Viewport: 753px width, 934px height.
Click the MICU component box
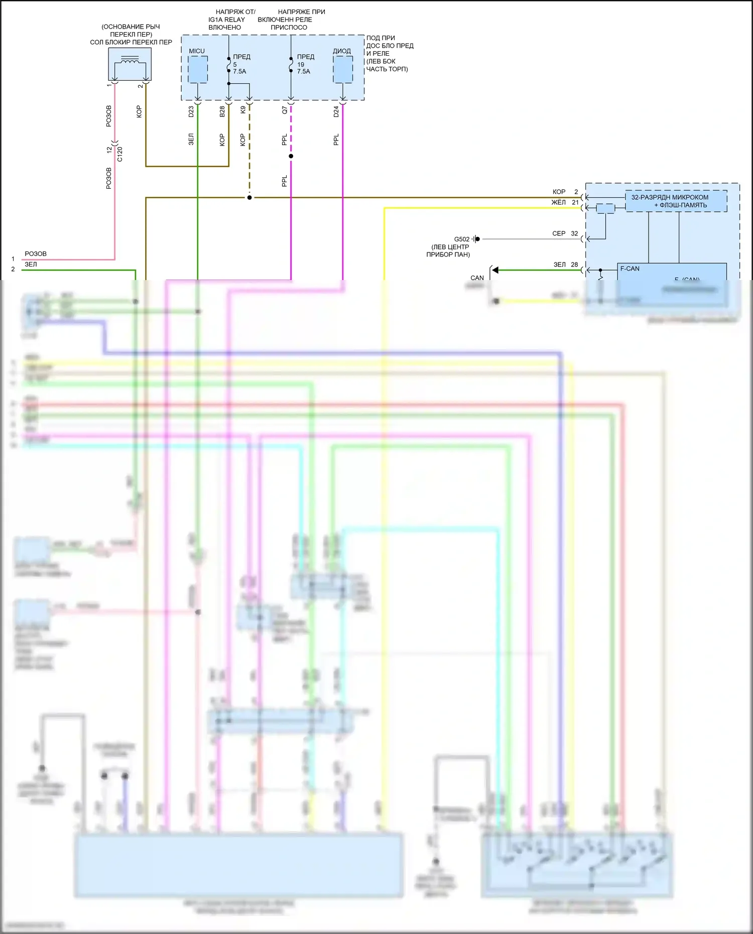198,69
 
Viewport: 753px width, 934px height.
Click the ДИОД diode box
343,69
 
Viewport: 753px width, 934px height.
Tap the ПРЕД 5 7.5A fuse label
241,64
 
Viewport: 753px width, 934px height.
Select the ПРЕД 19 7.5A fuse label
305,64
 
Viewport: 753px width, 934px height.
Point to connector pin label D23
191,112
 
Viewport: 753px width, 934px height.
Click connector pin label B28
222,112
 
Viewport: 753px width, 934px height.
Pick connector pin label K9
243,109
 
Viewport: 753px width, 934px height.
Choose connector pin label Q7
285,110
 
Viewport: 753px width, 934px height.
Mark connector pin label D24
336,112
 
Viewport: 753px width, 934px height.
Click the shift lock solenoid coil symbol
131,62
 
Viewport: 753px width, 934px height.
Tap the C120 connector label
119,154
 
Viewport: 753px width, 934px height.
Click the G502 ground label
462,239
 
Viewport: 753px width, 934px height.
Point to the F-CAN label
630,269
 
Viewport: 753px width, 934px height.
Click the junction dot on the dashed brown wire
249,198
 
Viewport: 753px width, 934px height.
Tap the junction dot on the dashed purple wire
291,156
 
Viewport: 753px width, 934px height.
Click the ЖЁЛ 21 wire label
565,203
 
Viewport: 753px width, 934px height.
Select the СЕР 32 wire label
565,234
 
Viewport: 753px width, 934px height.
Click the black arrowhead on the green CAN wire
495,271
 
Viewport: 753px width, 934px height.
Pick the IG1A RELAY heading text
226,20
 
